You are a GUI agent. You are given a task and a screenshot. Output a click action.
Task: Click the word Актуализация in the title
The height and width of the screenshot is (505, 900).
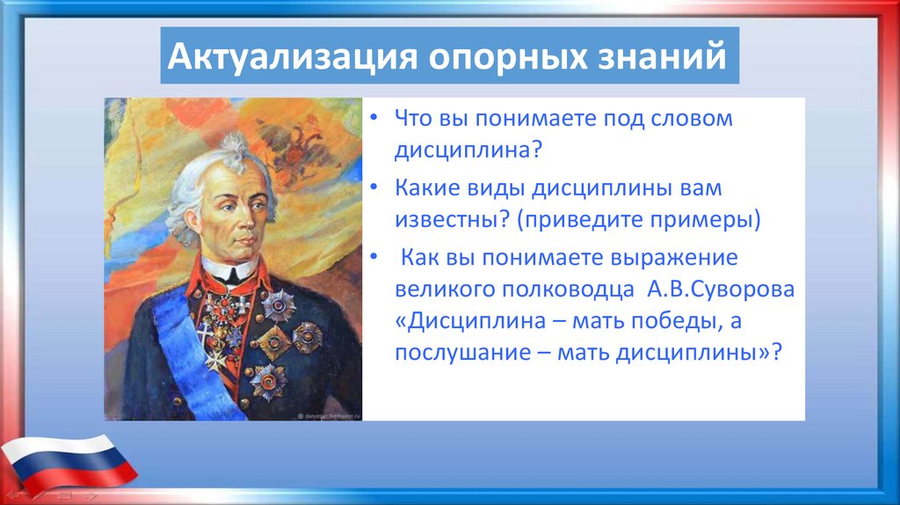(x=292, y=55)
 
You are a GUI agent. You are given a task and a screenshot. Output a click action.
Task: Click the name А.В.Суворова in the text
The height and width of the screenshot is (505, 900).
(x=721, y=289)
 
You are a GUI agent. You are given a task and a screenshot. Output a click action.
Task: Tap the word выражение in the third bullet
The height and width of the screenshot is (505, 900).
(x=673, y=258)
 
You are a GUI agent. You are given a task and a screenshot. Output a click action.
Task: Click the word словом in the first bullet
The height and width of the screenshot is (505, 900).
(x=692, y=119)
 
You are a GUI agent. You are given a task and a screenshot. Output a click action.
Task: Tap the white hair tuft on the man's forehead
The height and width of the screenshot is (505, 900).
(x=235, y=150)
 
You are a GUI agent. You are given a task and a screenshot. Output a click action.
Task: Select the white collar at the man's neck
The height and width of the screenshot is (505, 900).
(x=229, y=268)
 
